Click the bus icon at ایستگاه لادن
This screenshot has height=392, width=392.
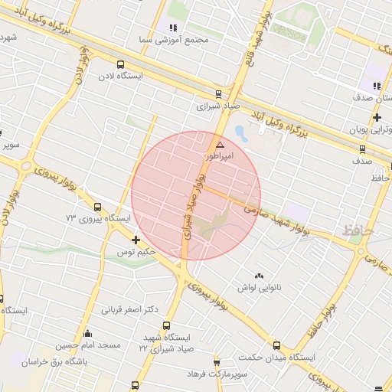[x=120, y=64]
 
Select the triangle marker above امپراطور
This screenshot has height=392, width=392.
[x=220, y=145]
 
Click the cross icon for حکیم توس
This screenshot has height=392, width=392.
[x=136, y=240]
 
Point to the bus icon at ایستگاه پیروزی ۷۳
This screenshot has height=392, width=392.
[x=97, y=207]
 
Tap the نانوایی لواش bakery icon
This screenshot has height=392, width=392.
[x=258, y=276]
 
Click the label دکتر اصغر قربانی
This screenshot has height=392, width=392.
[x=129, y=310]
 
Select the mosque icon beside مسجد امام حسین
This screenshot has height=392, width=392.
[x=88, y=334]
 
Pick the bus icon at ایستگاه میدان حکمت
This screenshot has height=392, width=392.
[x=276, y=346]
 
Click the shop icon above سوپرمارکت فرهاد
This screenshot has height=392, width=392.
[x=217, y=362]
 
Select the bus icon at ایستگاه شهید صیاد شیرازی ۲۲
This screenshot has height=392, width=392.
[x=167, y=325]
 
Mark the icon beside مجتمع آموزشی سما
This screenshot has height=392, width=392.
[x=173, y=28]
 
